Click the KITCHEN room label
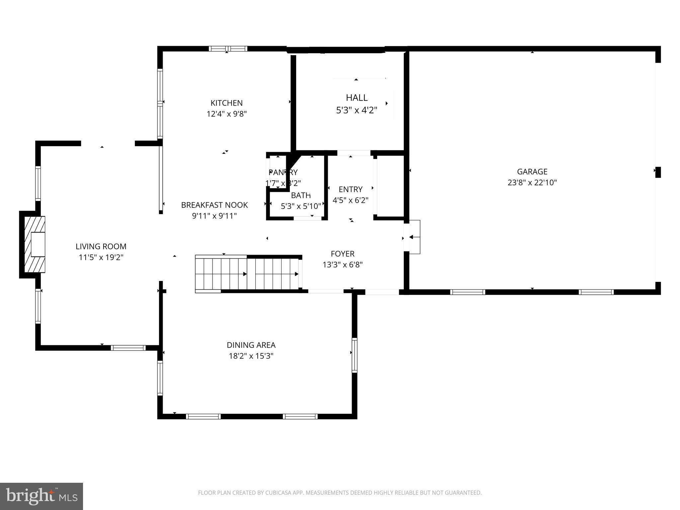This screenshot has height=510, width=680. pos(226,103)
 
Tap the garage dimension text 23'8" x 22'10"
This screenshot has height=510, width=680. pos(532,183)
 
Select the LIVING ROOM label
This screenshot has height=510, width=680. pos(101,246)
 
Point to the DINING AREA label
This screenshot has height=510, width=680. pos(251,345)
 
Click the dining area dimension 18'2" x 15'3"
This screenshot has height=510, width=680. pos(251,356)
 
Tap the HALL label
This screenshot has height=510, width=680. pos(357,98)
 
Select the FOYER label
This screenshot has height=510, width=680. pos(342,254)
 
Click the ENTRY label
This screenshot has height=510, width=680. pos(350,189)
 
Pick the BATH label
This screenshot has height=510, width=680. pos(301,195)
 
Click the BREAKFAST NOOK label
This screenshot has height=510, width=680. pos(214,205)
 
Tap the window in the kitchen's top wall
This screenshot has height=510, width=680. pos(228,49)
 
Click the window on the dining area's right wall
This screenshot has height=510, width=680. pos(354,355)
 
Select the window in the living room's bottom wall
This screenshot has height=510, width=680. pos(128,348)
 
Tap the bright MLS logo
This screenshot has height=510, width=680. pos(42,496)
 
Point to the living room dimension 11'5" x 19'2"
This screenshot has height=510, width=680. pos(101,257)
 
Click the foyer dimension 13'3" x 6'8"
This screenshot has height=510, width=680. pos(342,265)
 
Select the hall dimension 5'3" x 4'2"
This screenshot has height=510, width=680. pos(357,110)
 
